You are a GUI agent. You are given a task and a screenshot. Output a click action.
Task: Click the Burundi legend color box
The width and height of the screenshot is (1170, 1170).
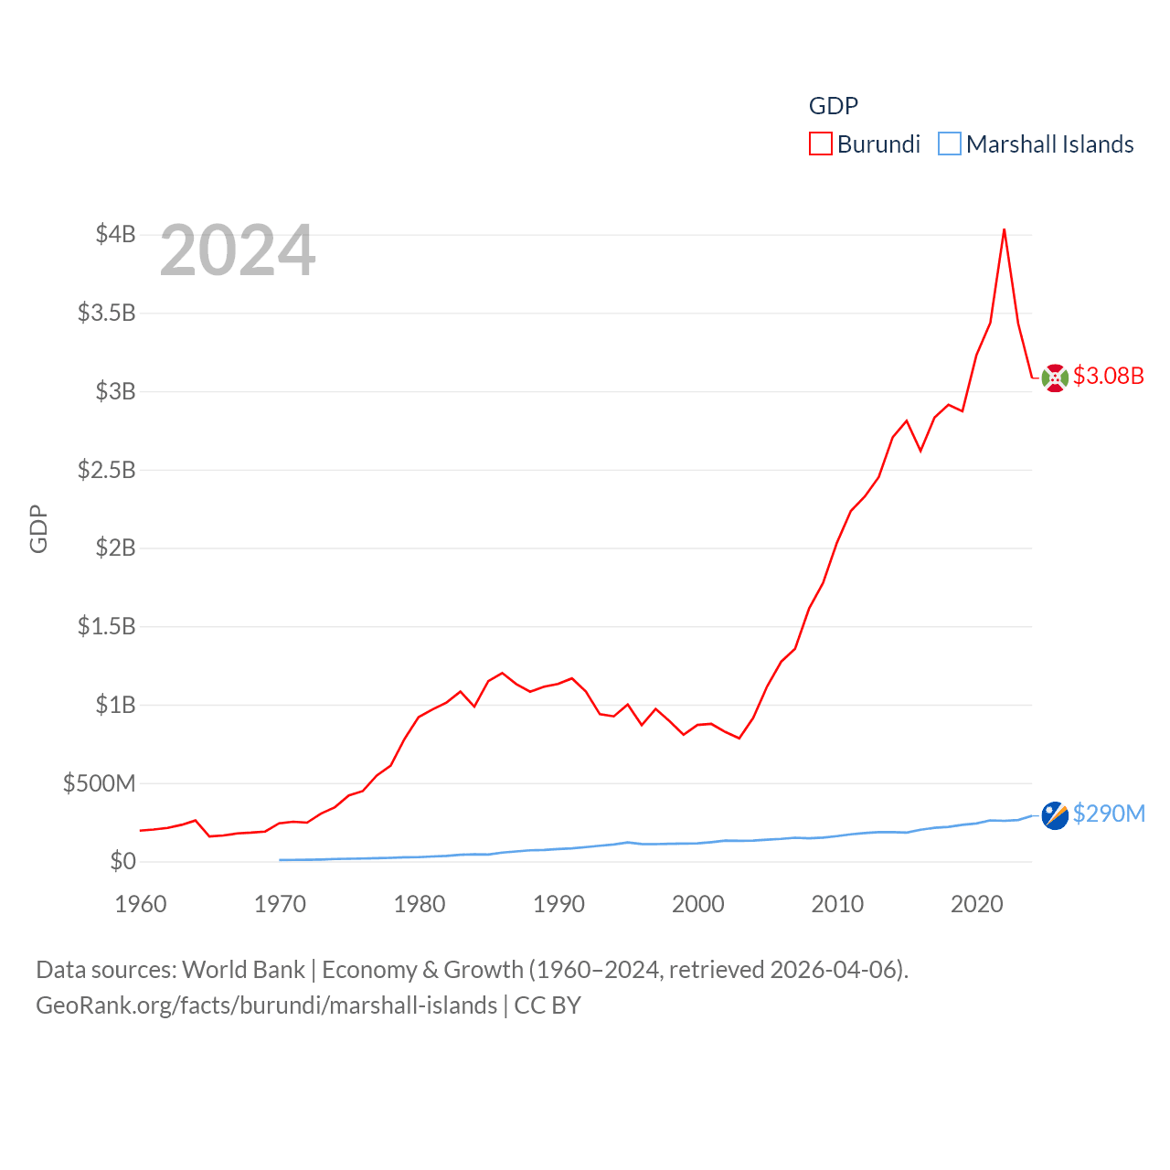pos(820,144)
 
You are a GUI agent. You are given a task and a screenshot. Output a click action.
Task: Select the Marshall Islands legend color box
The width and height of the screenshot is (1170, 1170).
pos(950,144)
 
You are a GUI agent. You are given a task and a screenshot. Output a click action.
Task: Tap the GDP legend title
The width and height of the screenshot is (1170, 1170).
pos(833,106)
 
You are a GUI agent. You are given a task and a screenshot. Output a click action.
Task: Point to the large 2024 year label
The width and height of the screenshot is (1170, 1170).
pos(238,250)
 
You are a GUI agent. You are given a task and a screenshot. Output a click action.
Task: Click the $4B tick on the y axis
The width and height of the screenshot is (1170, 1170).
pos(115,235)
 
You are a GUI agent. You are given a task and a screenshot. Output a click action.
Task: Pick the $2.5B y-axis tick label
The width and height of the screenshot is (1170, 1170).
pos(106,470)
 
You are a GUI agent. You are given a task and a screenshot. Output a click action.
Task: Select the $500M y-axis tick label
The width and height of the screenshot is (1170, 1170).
pos(99,783)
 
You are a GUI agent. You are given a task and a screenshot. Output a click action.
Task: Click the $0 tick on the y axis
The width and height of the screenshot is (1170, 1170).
pos(122,861)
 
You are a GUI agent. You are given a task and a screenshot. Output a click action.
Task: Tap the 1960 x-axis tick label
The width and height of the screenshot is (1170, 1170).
pos(141,904)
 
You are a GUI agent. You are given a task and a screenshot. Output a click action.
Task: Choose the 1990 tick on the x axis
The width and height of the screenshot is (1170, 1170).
pos(558,904)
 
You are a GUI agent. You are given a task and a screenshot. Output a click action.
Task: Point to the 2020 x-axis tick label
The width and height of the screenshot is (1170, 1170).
pos(977,904)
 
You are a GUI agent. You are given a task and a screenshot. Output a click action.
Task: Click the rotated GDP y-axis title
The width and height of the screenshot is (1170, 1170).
pos(38,528)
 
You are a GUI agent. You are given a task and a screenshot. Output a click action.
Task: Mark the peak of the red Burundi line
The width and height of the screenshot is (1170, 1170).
pos(1005,229)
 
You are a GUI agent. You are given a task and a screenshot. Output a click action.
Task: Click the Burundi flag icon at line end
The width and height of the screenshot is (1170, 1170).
pos(1055,378)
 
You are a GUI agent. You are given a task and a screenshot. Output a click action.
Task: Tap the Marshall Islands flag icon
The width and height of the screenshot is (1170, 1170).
pos(1055,815)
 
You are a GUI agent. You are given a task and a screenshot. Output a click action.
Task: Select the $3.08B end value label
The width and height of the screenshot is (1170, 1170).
pos(1108,376)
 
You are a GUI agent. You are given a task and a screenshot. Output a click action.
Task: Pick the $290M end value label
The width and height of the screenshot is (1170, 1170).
pos(1109,814)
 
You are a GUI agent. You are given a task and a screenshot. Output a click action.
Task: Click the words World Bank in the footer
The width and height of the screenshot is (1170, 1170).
pos(243,969)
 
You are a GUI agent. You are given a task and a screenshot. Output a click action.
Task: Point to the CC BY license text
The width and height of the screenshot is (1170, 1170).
pos(548,1005)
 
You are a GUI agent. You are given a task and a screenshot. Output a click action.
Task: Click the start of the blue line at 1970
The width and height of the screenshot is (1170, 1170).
pos(280,860)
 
